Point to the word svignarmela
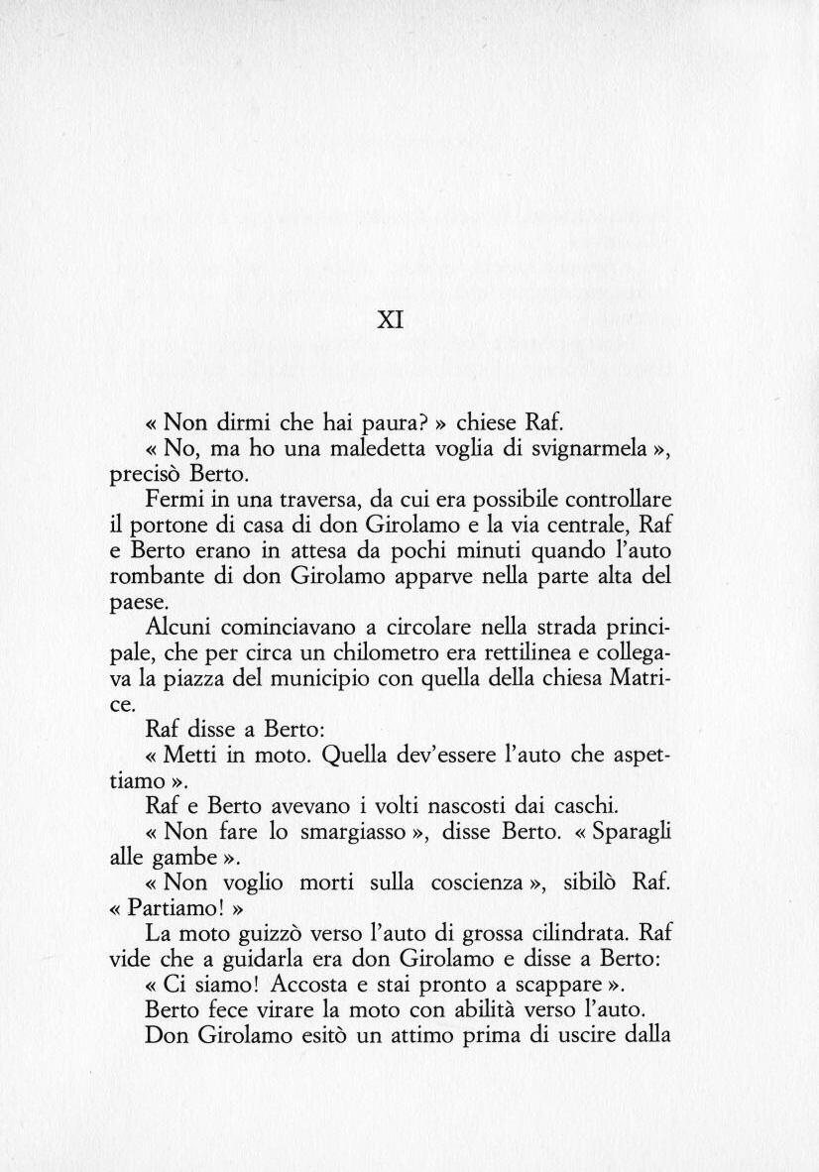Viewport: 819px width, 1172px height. click(x=592, y=448)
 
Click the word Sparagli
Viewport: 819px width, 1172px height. click(x=631, y=830)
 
